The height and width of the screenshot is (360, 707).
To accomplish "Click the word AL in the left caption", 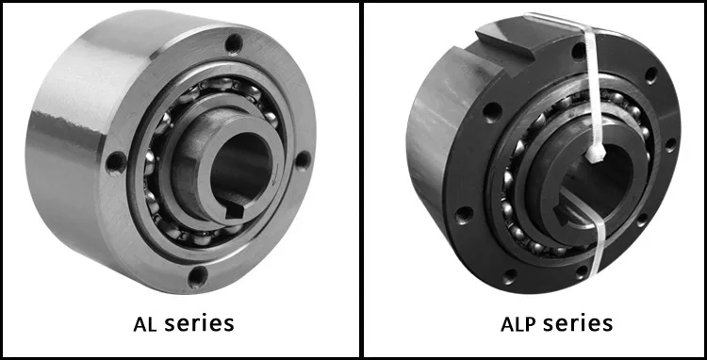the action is (145, 323).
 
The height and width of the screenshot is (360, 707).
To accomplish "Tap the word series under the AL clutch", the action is (199, 323).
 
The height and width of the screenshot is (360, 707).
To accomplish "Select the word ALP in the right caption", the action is (518, 323).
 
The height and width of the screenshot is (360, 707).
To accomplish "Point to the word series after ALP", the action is (578, 323).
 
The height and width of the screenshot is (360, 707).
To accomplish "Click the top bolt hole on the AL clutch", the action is (234, 43).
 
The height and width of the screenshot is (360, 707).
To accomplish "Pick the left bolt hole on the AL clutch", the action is (116, 162).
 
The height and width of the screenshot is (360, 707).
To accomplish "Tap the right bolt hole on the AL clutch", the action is (303, 160).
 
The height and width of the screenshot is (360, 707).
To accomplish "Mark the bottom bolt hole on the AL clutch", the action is (198, 277).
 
